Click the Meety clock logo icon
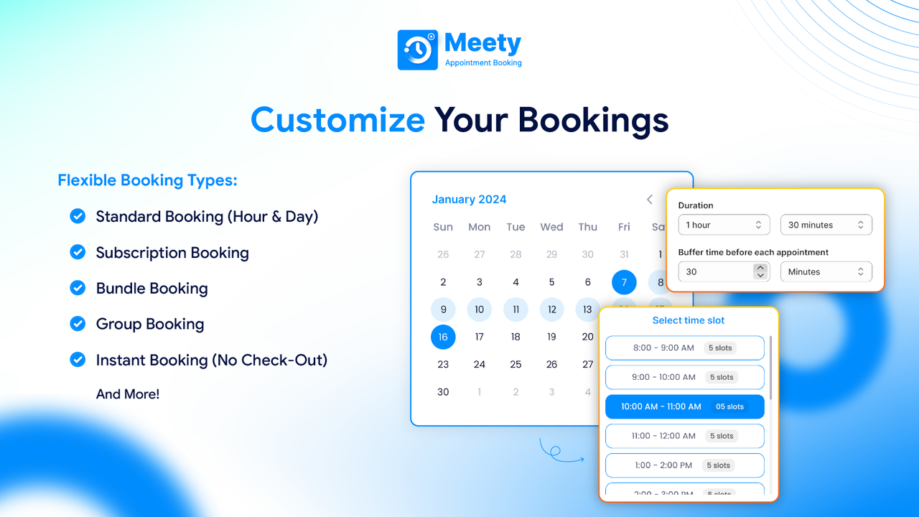tap(417, 50)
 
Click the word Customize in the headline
tap(337, 119)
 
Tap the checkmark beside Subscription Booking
tap(78, 252)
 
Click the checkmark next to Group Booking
tap(78, 324)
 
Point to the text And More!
tap(128, 394)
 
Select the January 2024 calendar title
tap(469, 200)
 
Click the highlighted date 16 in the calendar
tap(443, 337)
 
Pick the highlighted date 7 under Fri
tap(624, 282)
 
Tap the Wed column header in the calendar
tap(551, 227)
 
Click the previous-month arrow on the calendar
tap(650, 200)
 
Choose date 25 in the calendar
tap(516, 364)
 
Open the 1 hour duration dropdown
tap(724, 225)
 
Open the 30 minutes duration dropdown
tap(826, 225)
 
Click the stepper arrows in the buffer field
tap(760, 271)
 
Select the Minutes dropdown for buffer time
tap(826, 271)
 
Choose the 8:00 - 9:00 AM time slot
tap(684, 348)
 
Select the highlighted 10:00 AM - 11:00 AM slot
tap(684, 406)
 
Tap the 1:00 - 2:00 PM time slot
tap(684, 465)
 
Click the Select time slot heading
tap(688, 320)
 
